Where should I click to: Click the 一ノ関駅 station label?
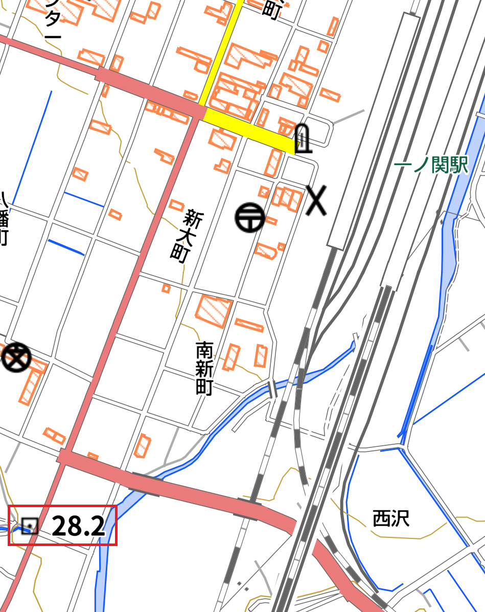point(432,165)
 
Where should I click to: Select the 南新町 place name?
point(204,369)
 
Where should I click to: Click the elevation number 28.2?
point(78,526)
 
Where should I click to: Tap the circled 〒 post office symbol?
point(250,217)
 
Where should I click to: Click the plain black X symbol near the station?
point(316,200)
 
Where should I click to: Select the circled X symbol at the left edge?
point(16,357)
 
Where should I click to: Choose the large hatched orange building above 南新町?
point(213,310)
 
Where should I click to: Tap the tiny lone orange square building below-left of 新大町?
point(166,288)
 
